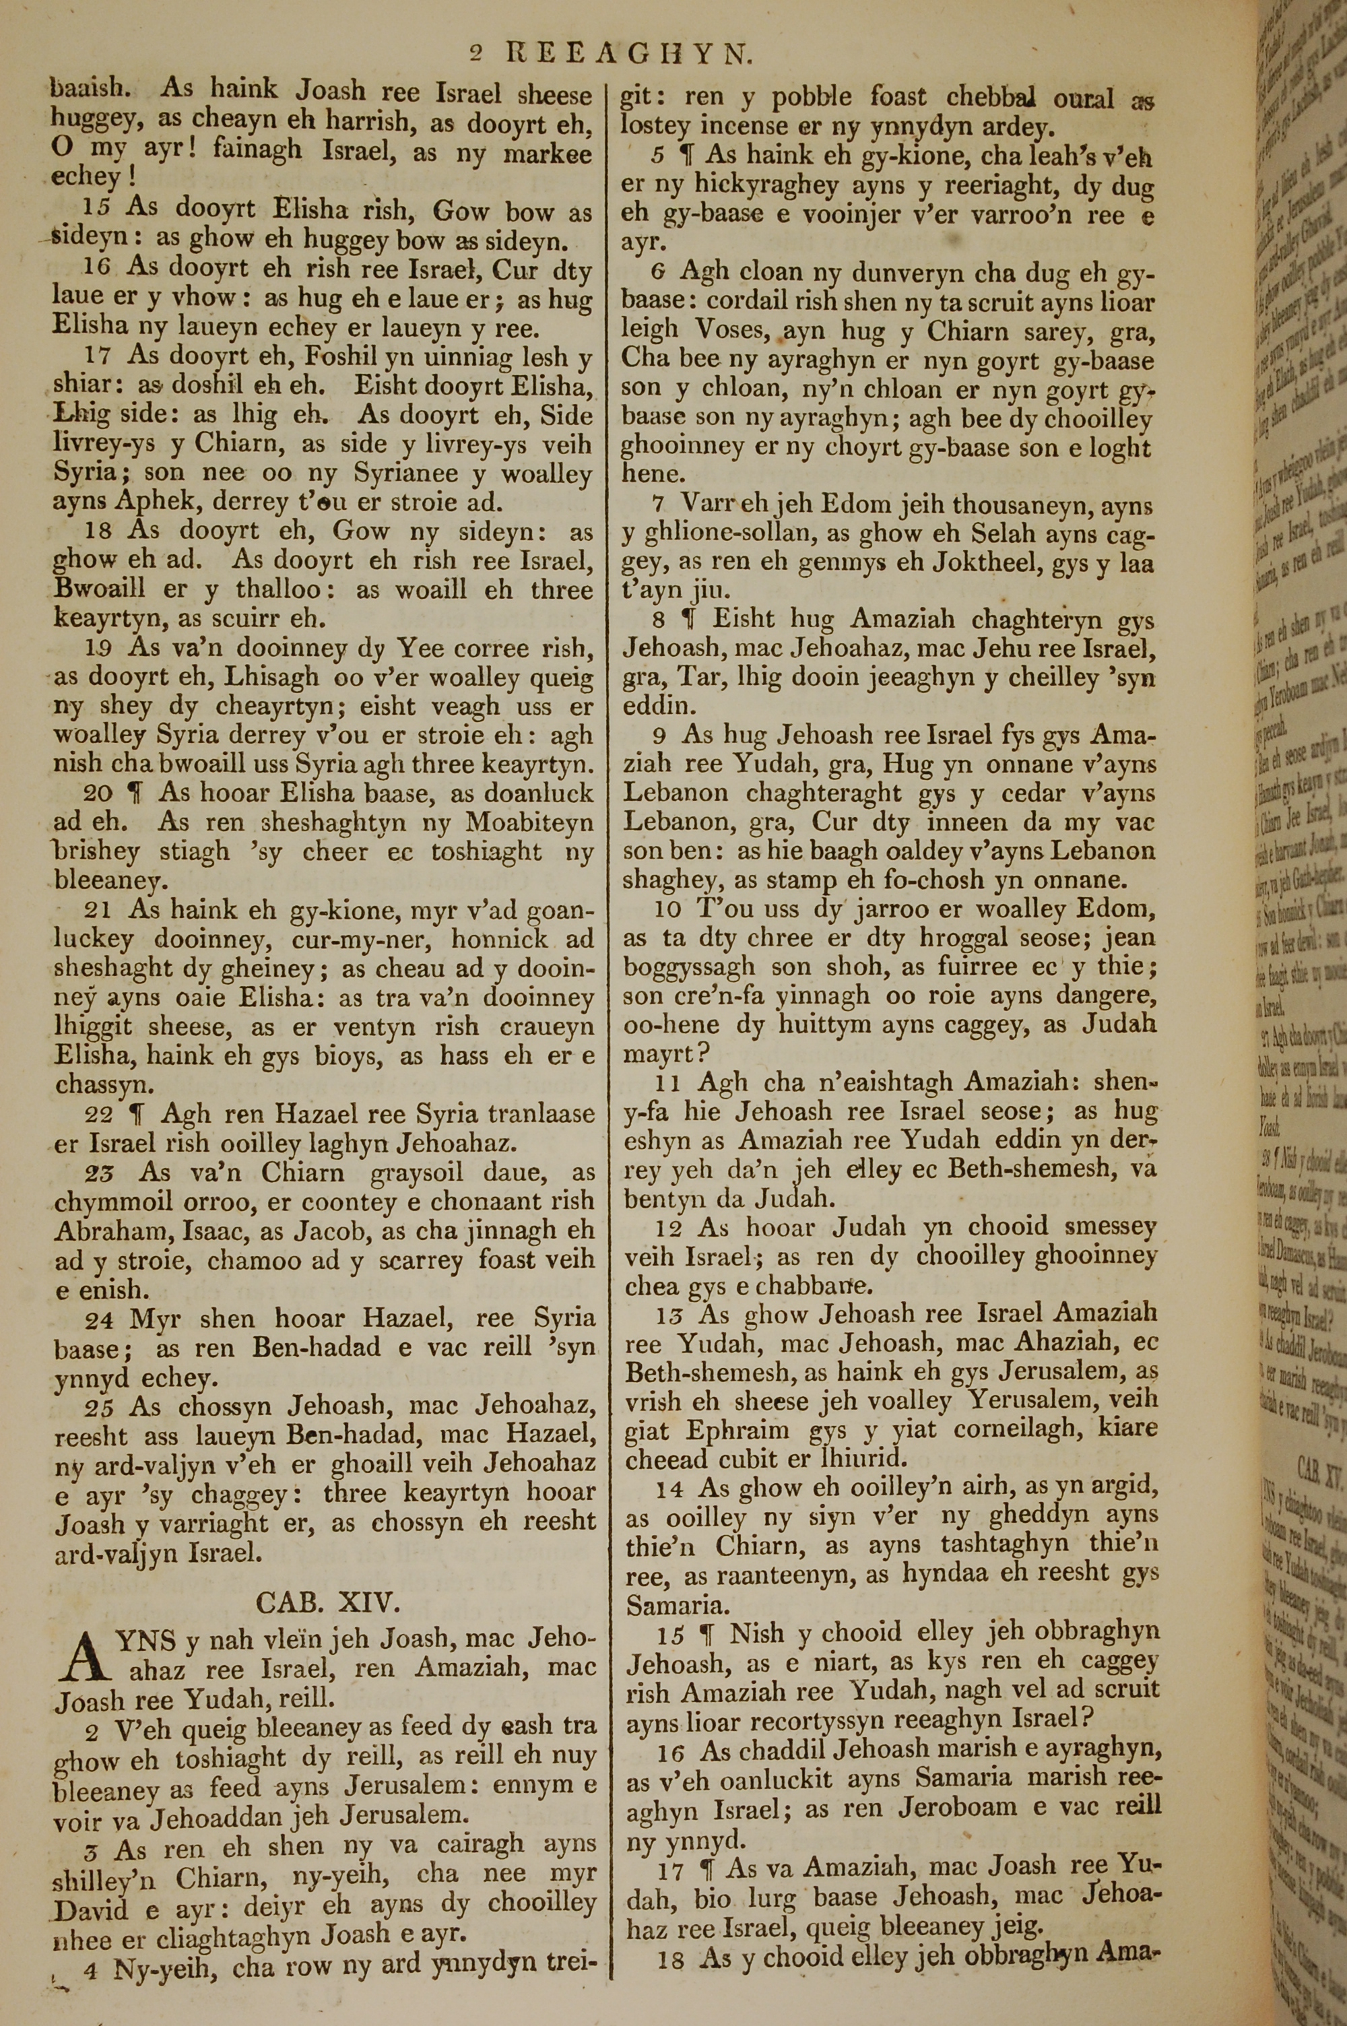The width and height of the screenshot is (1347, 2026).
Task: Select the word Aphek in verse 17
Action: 163,502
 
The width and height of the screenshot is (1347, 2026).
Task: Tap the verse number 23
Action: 99,1173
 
